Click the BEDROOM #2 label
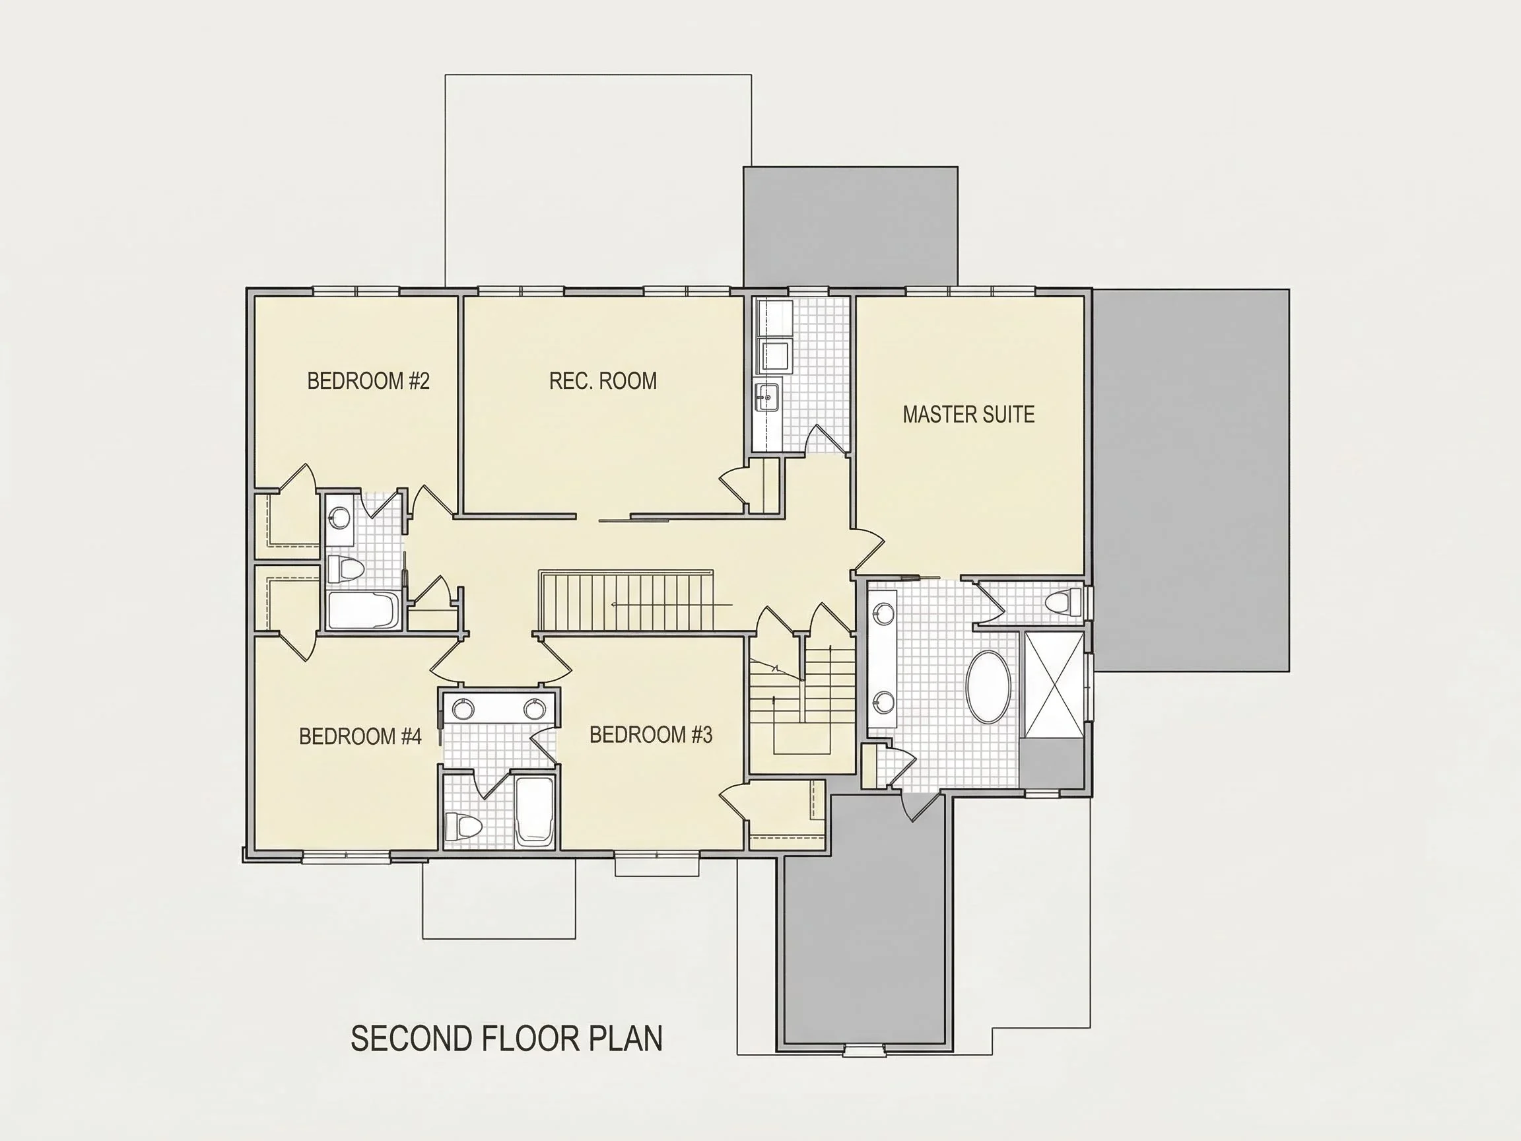[x=368, y=380]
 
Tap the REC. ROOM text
[x=603, y=380]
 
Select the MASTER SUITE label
[x=968, y=414]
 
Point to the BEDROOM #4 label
[x=360, y=737]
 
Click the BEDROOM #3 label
[x=650, y=734]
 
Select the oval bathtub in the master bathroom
[x=989, y=687]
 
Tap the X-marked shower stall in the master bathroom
[x=1052, y=685]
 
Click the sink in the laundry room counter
[x=767, y=397]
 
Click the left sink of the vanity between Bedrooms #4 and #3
[x=461, y=709]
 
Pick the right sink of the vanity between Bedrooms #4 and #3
[x=534, y=709]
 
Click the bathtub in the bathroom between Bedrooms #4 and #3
[x=534, y=812]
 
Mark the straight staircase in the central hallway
[x=626, y=600]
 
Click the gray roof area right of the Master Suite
[x=1191, y=480]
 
